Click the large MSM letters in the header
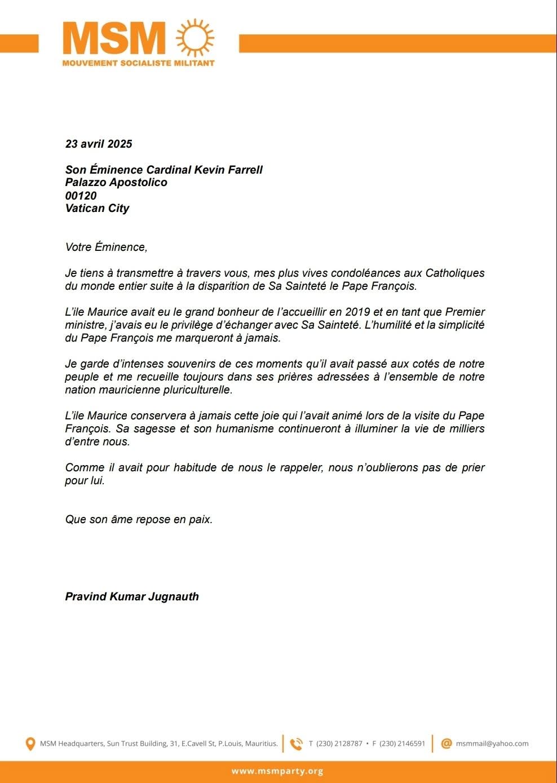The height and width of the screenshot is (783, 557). click(114, 39)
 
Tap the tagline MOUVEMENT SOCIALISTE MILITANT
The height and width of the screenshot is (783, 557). click(138, 63)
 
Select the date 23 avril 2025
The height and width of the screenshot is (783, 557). click(99, 144)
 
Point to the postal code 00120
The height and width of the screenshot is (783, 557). click(81, 196)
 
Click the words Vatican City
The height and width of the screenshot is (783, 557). click(97, 208)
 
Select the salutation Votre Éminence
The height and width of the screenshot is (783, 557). click(106, 247)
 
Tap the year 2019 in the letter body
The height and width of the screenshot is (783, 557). click(357, 312)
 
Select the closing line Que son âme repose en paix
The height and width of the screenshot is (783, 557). click(139, 519)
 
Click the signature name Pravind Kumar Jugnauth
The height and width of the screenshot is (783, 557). click(132, 596)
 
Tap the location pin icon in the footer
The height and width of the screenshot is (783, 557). click(30, 744)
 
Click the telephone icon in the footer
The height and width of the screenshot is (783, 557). click(296, 744)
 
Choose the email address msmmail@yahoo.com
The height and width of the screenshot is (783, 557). click(492, 744)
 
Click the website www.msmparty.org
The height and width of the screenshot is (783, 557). click(277, 771)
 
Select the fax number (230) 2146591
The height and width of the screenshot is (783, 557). click(402, 744)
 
